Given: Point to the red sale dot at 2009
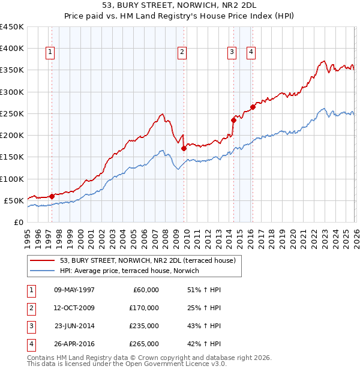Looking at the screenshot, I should (x=184, y=148).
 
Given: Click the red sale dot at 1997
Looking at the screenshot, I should (x=52, y=196).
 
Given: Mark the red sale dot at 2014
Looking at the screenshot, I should (x=233, y=120).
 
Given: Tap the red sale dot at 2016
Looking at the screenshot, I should (x=253, y=107).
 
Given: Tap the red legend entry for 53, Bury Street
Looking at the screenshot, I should (x=150, y=260).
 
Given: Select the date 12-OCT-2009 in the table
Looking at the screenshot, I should (x=74, y=308).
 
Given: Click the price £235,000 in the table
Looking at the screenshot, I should (x=144, y=326).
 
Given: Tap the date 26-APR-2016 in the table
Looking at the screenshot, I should (x=74, y=344).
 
